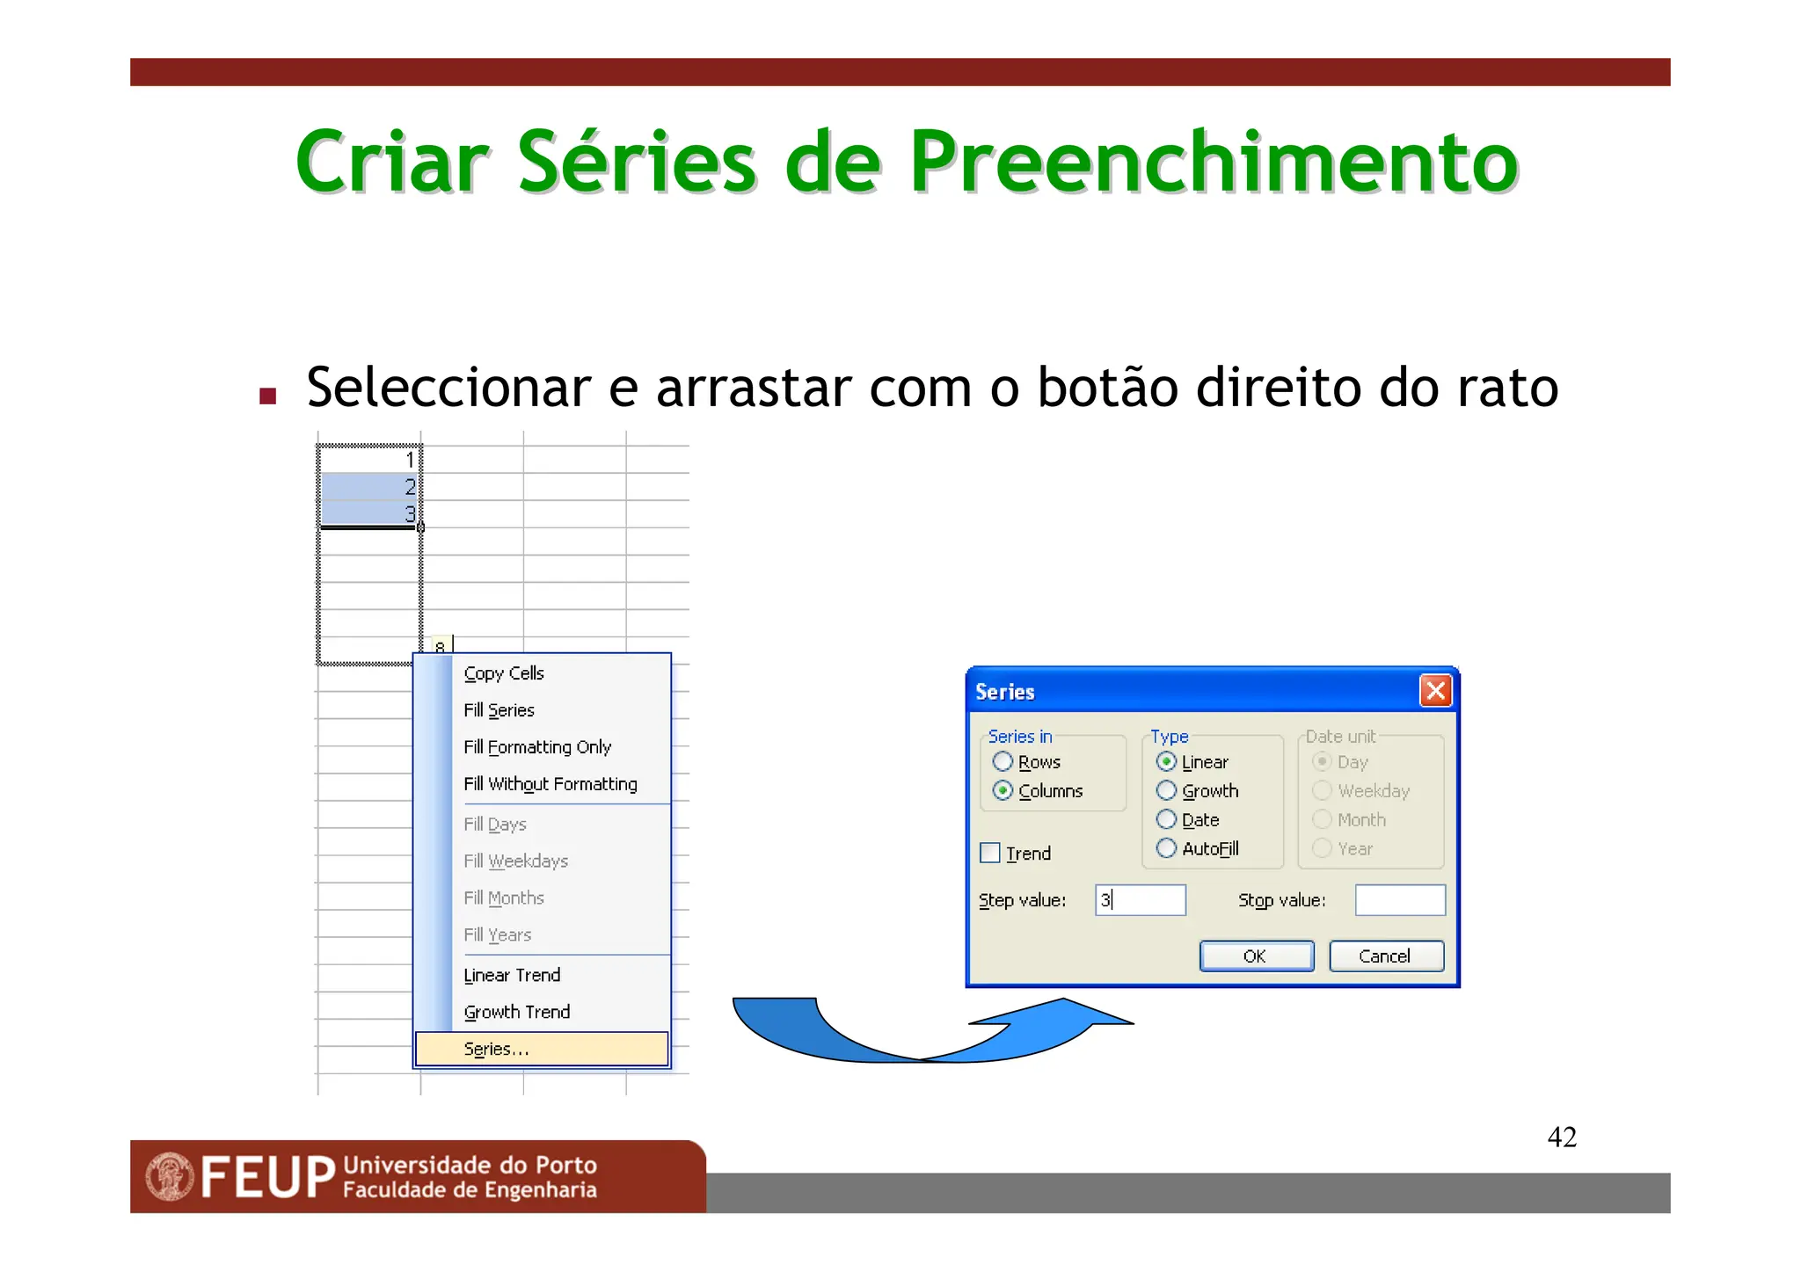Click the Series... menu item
(x=497, y=1049)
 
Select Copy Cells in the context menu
(x=504, y=673)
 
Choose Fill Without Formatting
(x=551, y=784)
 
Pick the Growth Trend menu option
(x=517, y=1012)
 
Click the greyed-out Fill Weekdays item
(x=516, y=861)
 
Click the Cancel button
(x=1385, y=956)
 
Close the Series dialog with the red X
(x=1435, y=691)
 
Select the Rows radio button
(x=1003, y=761)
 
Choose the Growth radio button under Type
(x=1166, y=790)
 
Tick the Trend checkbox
(x=990, y=853)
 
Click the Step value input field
(x=1141, y=900)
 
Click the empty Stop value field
(x=1399, y=900)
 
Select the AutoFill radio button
(x=1166, y=848)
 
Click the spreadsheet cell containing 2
(x=369, y=487)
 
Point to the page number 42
(x=1562, y=1137)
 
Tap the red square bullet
(x=268, y=396)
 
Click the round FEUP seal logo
(x=170, y=1176)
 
